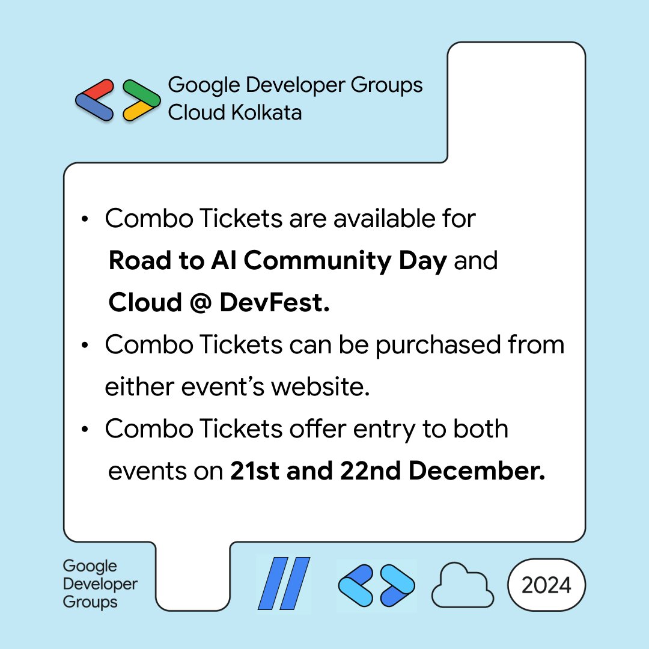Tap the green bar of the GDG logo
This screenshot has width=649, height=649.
(141, 90)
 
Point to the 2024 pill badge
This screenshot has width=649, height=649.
(546, 585)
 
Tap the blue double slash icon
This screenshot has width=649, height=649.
(284, 583)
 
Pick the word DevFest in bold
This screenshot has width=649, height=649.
(275, 303)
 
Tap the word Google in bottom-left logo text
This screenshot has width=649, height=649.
(90, 566)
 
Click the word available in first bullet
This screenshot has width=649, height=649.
(383, 219)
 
